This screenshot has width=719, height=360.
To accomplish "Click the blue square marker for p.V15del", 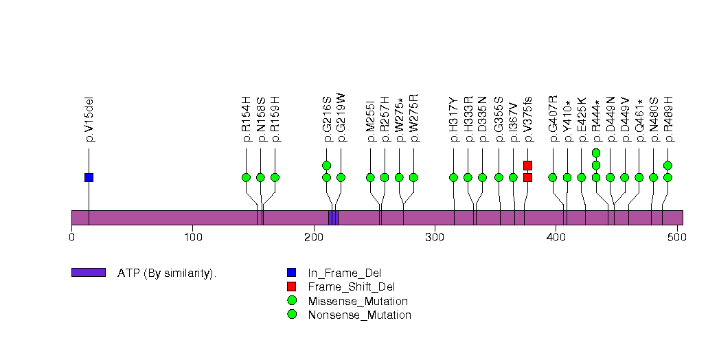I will [89, 177].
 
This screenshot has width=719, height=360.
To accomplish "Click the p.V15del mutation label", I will [89, 120].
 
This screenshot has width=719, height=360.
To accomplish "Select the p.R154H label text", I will [247, 120].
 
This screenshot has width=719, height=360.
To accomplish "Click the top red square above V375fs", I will [527, 165].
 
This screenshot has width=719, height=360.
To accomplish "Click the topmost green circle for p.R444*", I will [596, 153].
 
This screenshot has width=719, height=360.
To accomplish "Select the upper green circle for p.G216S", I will [326, 165].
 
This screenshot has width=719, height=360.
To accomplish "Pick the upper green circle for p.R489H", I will [667, 165].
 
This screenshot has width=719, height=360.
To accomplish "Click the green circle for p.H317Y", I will [453, 177].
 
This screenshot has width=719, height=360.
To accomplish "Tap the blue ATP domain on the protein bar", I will [333, 218].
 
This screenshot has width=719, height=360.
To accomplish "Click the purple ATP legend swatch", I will [88, 273].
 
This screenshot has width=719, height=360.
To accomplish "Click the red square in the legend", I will [292, 286].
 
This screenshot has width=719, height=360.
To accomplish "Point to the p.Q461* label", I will [639, 120].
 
